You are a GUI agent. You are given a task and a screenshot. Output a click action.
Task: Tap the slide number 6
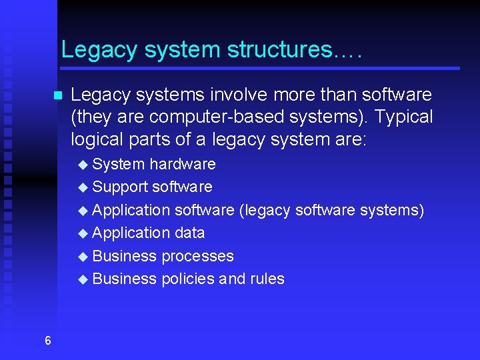(47, 341)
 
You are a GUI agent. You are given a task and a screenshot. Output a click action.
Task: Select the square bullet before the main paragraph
(57, 95)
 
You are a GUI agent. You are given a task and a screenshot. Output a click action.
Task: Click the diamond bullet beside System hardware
(83, 165)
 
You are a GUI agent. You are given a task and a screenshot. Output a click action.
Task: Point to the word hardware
(182, 164)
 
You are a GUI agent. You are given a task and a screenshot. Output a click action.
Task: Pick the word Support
(120, 187)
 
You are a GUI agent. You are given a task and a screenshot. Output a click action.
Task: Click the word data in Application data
(190, 233)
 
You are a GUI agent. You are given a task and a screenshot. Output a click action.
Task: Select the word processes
(197, 256)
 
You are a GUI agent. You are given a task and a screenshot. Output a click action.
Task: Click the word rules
(267, 279)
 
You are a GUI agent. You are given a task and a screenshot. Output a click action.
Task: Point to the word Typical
(404, 117)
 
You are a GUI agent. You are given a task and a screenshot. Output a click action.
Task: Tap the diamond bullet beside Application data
(83, 233)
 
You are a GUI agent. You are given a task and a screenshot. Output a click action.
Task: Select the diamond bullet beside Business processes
(83, 257)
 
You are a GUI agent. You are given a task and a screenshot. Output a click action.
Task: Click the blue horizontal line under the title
(260, 68)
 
